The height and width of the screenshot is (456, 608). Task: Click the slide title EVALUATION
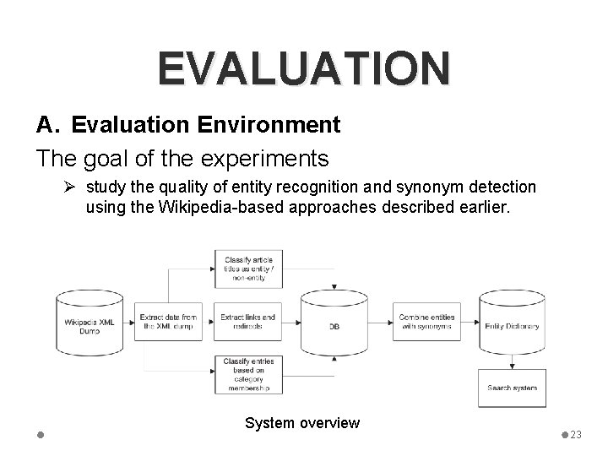303,68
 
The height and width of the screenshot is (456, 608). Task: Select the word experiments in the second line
265,158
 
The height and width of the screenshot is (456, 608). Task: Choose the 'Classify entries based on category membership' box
247,375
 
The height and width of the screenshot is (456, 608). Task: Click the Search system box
513,388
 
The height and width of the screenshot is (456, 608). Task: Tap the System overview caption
302,423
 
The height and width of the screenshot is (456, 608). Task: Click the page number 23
577,434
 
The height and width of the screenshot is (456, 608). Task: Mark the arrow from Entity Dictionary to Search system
513,361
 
